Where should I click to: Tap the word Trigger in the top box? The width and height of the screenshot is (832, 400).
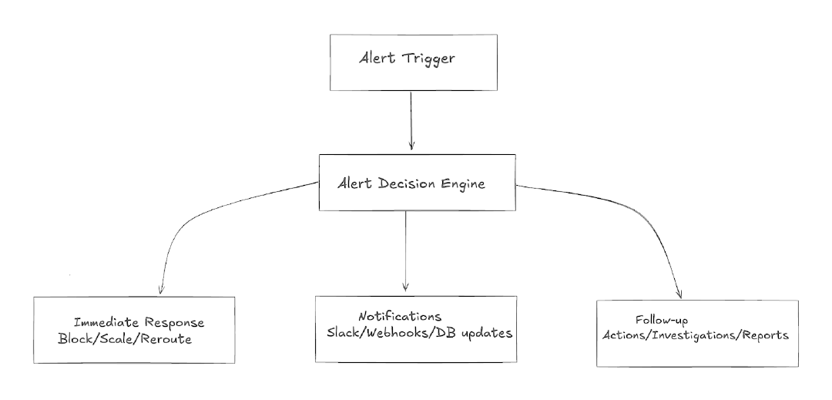428,60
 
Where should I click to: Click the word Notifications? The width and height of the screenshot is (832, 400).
400,317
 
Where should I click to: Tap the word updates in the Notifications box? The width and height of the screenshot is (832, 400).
487,333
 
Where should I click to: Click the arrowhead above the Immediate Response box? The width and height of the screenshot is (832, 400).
159,290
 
